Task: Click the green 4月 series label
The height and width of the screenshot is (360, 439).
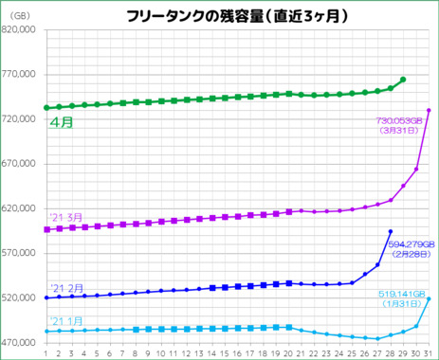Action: click(x=63, y=122)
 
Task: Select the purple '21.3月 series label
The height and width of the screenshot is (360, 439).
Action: click(x=64, y=217)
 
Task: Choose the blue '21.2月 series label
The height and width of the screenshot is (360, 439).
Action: click(x=64, y=288)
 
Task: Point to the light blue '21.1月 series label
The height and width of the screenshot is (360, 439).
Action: click(x=64, y=320)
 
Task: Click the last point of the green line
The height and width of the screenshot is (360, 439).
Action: click(x=404, y=80)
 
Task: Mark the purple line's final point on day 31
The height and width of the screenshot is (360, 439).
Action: click(x=430, y=110)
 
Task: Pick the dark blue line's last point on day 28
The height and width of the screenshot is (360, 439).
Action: click(x=391, y=231)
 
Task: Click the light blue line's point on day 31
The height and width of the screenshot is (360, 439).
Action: click(x=430, y=298)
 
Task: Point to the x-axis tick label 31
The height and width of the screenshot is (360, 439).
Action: click(x=430, y=352)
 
